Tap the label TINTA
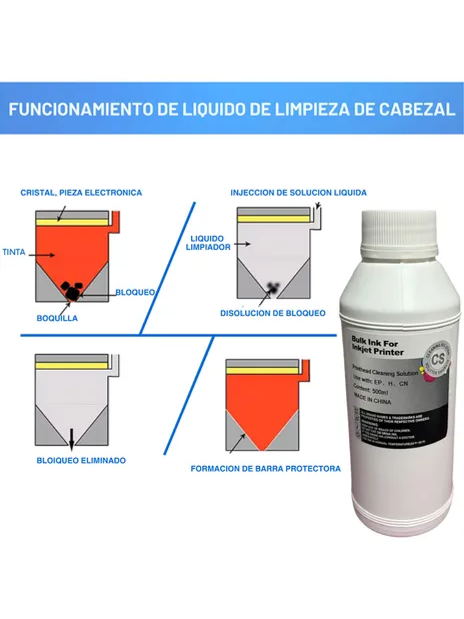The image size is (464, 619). coord(14,252)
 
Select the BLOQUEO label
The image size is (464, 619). coord(135,292)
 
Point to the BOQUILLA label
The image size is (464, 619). coord(57,318)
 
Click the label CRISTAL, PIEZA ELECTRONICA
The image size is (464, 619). coord(81,193)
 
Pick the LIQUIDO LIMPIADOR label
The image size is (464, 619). coord(208,243)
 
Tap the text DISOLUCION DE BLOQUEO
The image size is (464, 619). coord(273,313)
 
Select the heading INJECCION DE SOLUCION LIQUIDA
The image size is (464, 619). coord(298,193)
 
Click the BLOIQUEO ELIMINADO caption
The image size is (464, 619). coord(81,461)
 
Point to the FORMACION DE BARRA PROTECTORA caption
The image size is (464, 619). coord(265,469)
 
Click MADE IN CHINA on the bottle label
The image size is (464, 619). coord(372,399)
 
